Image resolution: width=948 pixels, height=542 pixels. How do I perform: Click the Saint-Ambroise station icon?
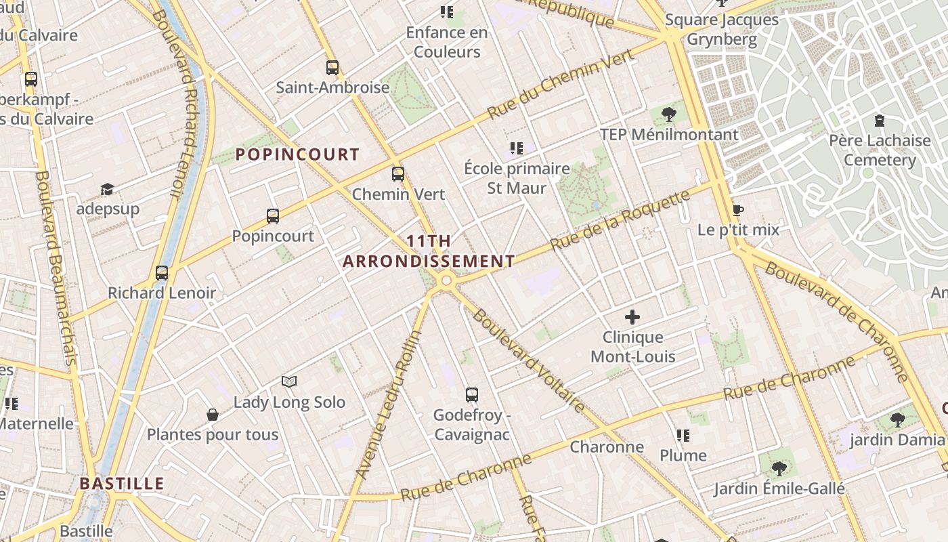tap(332, 68)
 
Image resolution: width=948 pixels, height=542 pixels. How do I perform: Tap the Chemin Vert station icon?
tap(398, 174)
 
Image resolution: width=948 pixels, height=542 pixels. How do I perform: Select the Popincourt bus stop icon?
tap(273, 216)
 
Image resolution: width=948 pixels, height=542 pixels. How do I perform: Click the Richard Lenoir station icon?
tap(162, 273)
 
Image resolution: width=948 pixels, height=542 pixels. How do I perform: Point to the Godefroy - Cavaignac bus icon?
tap(472, 394)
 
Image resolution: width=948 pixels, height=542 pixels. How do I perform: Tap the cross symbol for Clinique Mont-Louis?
tap(632, 317)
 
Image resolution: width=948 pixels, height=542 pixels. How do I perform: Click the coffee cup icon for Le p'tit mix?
tap(738, 210)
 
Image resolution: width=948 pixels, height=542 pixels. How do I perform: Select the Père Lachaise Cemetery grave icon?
tap(879, 121)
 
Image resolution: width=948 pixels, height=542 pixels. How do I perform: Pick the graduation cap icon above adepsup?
tap(107, 189)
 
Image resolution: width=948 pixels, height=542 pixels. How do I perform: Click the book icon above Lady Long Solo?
tap(289, 382)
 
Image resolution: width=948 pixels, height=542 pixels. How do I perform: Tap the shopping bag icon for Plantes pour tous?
tap(213, 415)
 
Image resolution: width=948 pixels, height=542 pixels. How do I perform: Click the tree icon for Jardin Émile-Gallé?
tap(779, 468)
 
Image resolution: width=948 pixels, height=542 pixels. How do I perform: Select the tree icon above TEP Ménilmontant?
tap(669, 114)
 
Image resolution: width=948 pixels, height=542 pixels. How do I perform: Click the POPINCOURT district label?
tap(297, 154)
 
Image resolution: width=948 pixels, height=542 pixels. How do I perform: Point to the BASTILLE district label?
tap(122, 484)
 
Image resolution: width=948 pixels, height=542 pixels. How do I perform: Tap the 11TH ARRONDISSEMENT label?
tap(429, 251)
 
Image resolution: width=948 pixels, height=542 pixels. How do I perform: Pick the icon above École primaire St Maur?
tap(517, 148)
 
